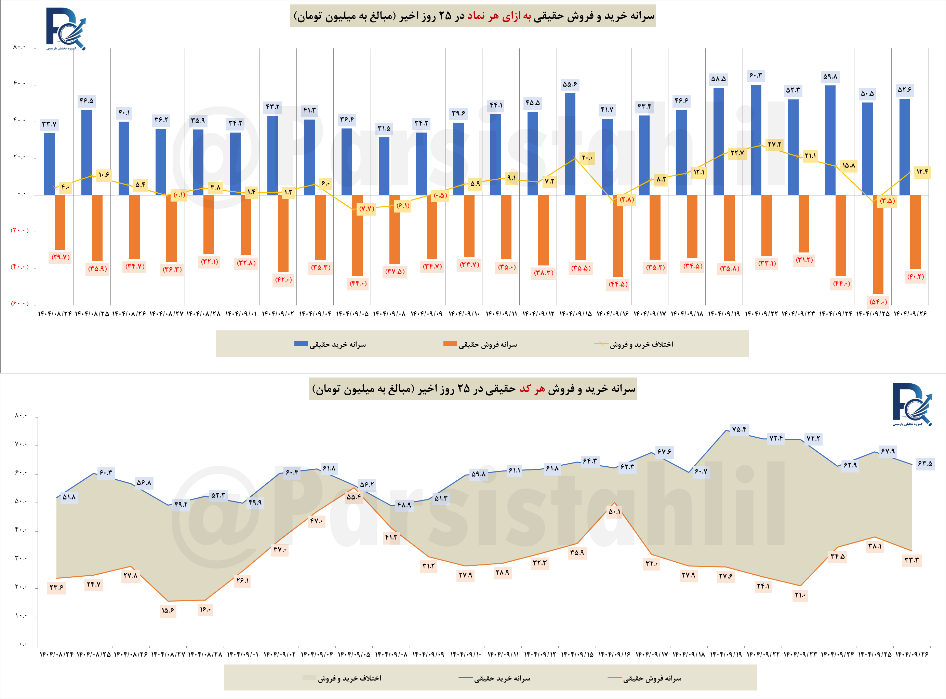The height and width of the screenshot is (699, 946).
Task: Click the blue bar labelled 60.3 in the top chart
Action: tap(756, 140)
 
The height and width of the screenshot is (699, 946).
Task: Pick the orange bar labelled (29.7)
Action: tap(60, 222)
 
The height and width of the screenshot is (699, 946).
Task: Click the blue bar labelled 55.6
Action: tap(570, 144)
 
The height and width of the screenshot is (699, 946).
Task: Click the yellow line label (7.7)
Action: tap(366, 209)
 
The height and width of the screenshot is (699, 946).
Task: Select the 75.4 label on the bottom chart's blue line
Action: tap(739, 429)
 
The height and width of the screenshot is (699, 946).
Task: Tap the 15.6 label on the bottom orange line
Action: tap(168, 610)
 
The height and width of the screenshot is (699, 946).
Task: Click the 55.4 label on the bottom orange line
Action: tap(354, 497)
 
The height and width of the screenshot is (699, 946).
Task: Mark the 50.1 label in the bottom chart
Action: tap(614, 511)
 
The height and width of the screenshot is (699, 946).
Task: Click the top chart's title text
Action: tap(473, 16)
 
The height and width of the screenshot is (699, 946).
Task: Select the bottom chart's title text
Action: tap(473, 389)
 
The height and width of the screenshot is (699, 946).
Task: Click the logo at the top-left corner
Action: tap(66, 29)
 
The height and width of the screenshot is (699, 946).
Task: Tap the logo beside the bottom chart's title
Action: tap(912, 404)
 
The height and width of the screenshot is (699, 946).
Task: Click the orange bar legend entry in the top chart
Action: tap(480, 344)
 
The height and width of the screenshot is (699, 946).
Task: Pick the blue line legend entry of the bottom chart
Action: tap(495, 678)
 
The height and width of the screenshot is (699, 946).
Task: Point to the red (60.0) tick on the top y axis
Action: tap(19, 303)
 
